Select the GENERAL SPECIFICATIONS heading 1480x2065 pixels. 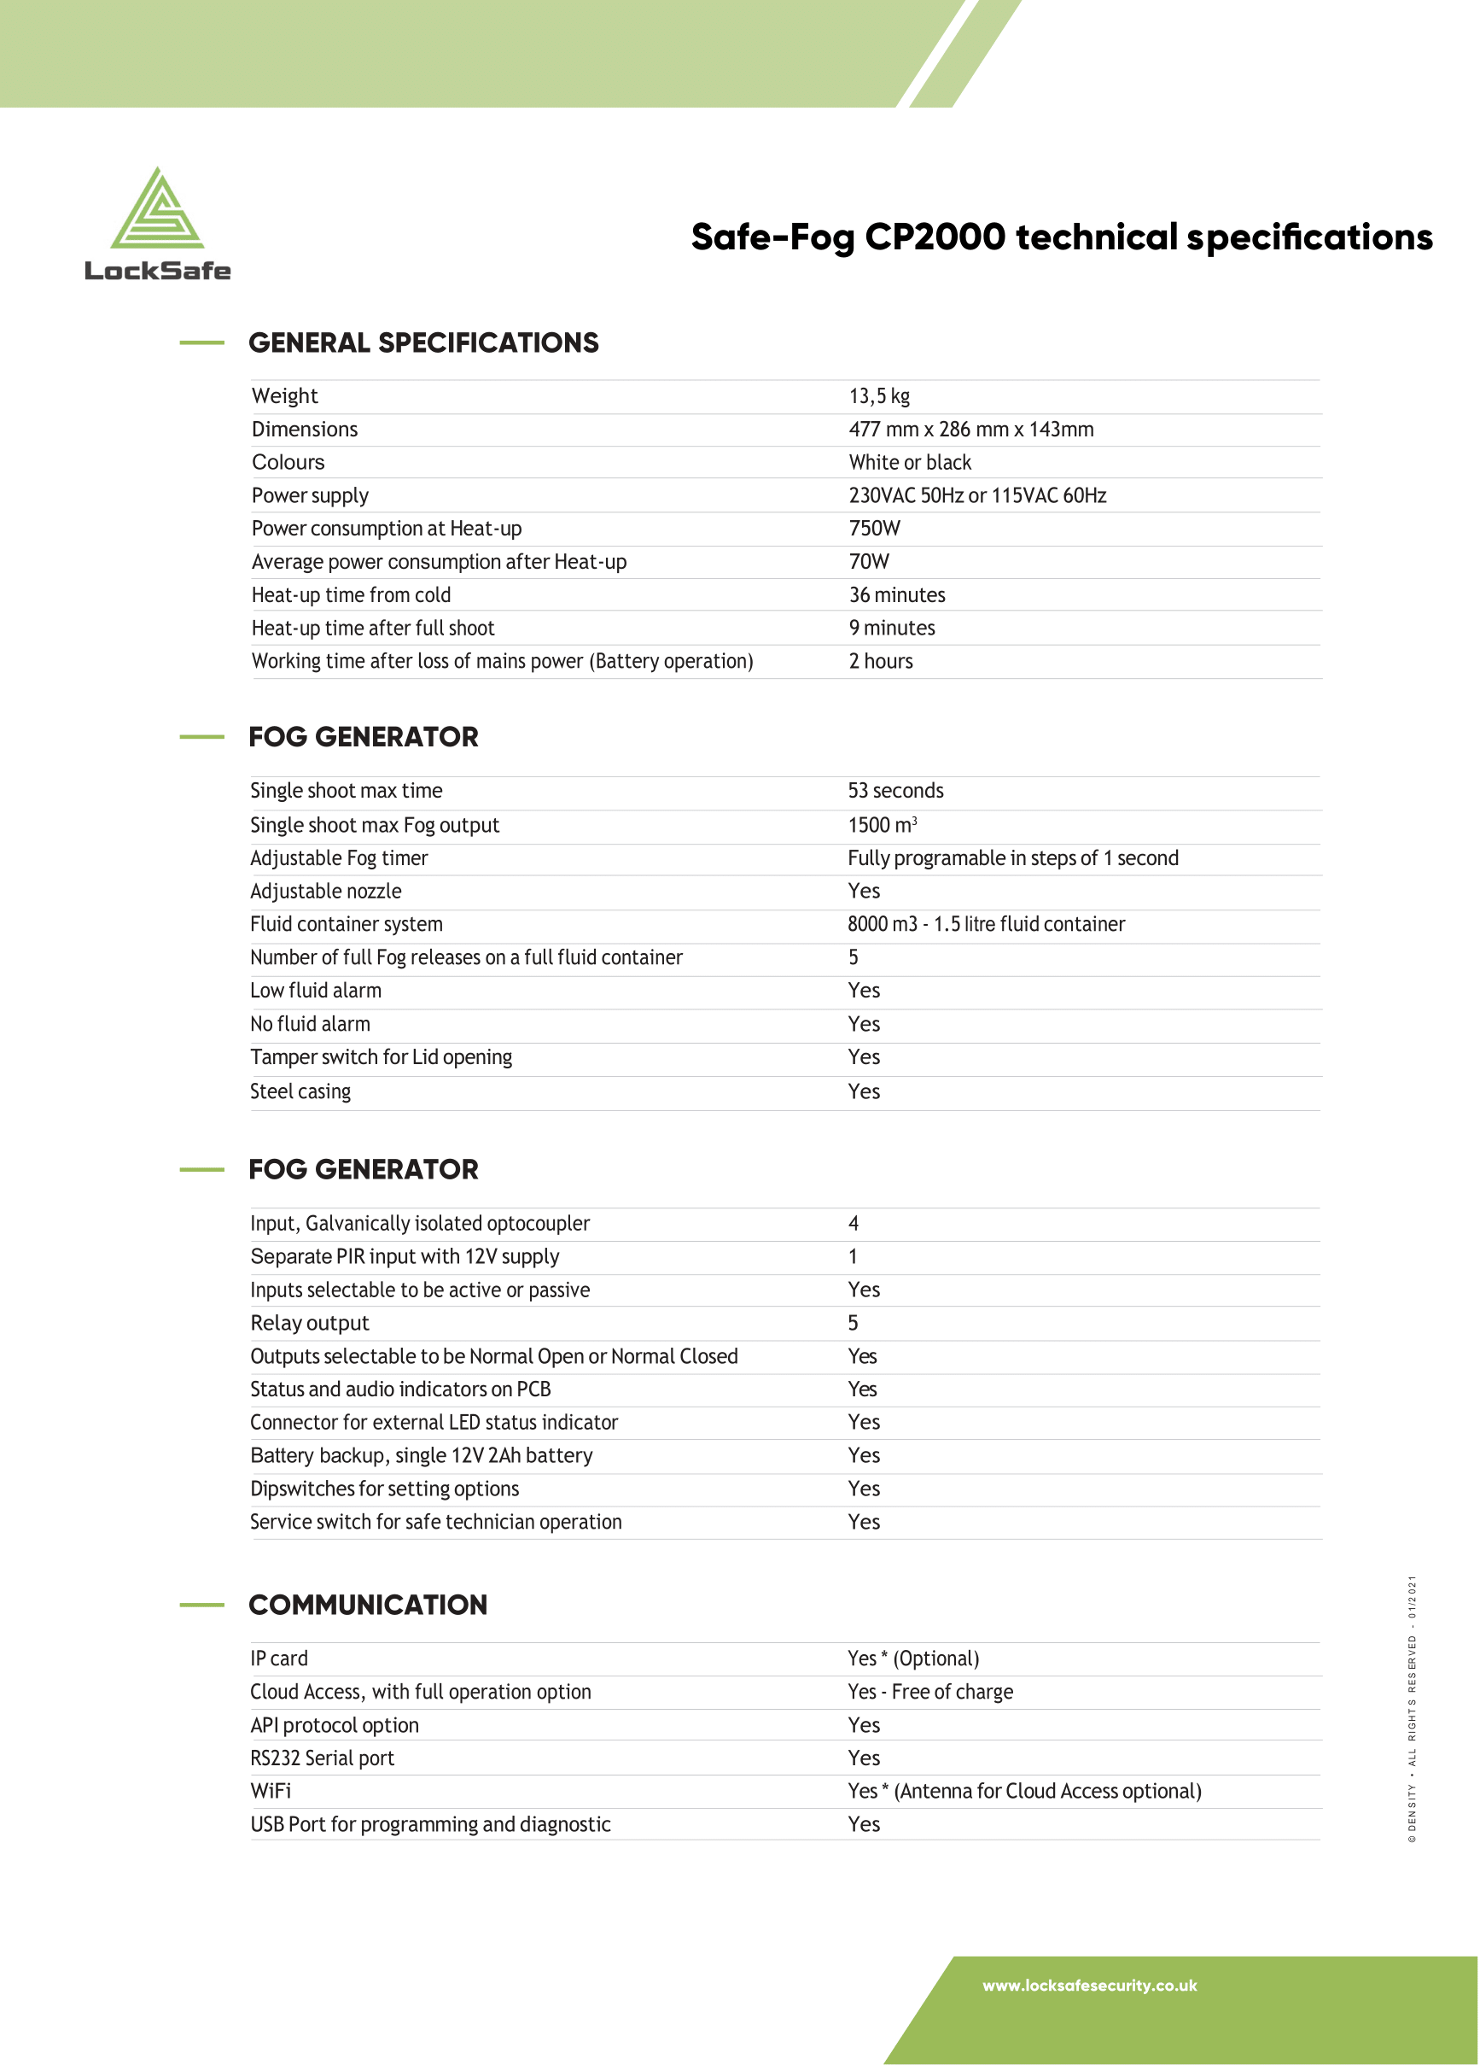(x=423, y=342)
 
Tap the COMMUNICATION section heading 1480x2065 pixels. (x=368, y=1605)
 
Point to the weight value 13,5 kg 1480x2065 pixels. (x=879, y=396)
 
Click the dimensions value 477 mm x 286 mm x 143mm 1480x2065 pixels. (x=970, y=429)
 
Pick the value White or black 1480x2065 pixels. (x=909, y=463)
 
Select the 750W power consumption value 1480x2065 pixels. (x=874, y=528)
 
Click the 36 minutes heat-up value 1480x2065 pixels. (x=896, y=594)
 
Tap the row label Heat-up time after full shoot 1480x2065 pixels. (x=372, y=629)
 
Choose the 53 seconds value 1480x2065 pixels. (x=894, y=790)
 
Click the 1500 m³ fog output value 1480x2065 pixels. (x=881, y=825)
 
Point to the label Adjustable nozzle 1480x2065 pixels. (x=325, y=892)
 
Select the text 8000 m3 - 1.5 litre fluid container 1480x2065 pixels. (x=986, y=924)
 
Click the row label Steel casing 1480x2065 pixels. (x=300, y=1091)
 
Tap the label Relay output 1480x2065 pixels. (x=310, y=1323)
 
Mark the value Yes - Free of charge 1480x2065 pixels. (x=929, y=1692)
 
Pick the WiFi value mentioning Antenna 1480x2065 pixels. (x=1024, y=1791)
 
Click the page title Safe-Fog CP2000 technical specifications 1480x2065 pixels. (x=1061, y=237)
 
